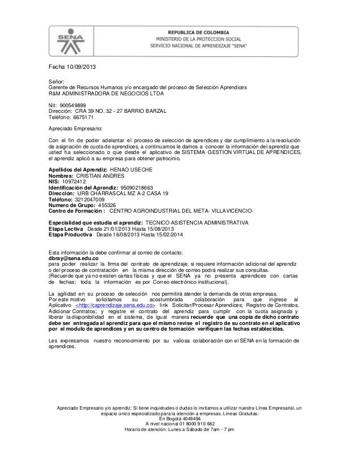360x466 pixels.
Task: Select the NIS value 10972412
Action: (x=74, y=183)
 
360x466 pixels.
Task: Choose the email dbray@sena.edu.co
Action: (x=73, y=257)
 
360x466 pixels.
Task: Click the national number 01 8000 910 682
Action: (x=191, y=424)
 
